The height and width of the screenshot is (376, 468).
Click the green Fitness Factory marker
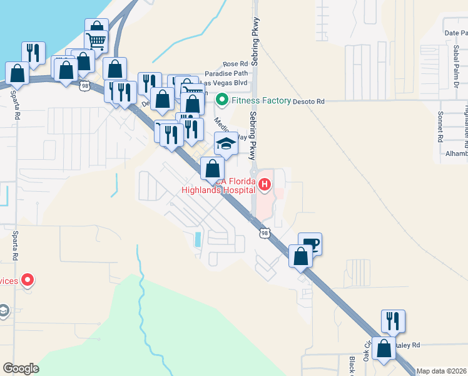click(x=221, y=100)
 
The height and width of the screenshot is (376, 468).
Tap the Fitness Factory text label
click(x=262, y=100)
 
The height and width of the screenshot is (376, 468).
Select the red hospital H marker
click(x=265, y=185)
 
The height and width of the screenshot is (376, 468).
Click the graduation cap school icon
click(x=226, y=145)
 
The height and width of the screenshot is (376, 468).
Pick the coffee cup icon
click(x=310, y=243)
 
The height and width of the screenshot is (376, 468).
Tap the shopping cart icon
click(x=96, y=41)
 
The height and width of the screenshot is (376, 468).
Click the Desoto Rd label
click(x=311, y=101)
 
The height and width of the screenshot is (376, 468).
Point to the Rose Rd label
click(x=235, y=65)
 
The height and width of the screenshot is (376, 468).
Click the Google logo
click(x=21, y=368)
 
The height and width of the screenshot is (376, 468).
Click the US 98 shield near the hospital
click(x=265, y=233)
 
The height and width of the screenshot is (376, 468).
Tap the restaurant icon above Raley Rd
click(x=393, y=321)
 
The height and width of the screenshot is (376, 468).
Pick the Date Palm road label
click(x=455, y=33)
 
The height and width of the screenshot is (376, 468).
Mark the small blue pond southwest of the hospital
click(x=198, y=239)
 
